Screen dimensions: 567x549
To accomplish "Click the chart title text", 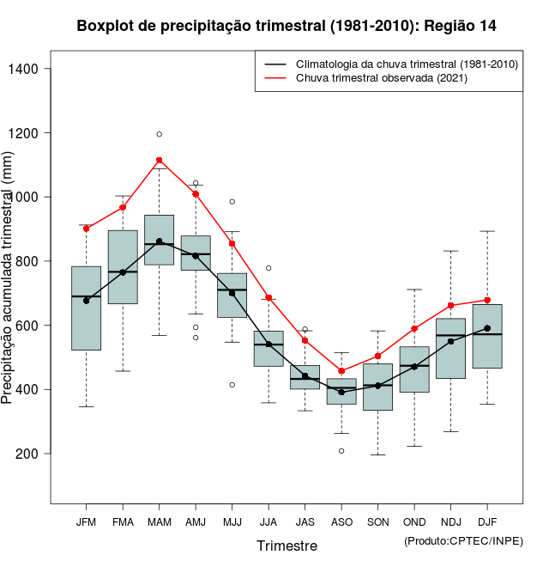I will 287,26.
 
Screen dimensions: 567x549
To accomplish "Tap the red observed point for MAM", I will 160,161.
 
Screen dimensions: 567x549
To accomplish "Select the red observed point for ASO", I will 341,371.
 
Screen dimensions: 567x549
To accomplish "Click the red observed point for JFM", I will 87,229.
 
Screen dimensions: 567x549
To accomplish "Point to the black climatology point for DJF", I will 487,328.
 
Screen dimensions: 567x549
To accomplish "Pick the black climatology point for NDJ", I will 451,341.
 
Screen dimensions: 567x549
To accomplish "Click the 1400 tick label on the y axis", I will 32,69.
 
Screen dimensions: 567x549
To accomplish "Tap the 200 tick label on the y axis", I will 36,454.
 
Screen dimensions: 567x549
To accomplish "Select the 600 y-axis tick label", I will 36,326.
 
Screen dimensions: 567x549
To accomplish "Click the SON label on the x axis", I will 378,522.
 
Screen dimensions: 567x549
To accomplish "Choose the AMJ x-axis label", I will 196,522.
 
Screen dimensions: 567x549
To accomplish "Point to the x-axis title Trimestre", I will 287,546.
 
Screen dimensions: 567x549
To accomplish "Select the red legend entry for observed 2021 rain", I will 381,78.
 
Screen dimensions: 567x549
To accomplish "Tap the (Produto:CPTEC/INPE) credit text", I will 463,540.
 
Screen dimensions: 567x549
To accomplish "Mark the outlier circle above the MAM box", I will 160,134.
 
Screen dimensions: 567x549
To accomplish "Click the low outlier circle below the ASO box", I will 341,451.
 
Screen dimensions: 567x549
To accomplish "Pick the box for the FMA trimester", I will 123,267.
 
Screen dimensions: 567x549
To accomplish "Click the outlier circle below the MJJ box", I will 232,385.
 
